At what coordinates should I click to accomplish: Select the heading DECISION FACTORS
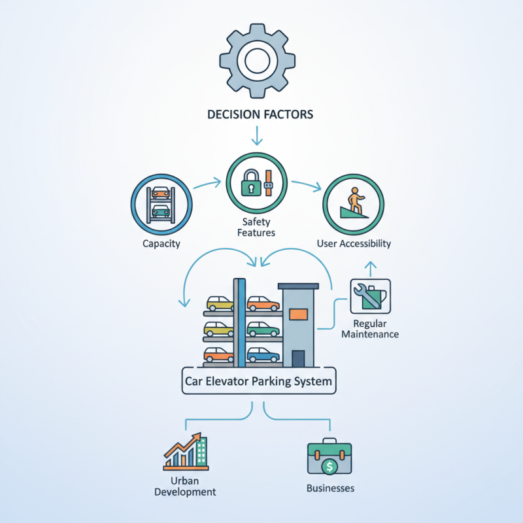(260, 114)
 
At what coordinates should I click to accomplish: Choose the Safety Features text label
(258, 227)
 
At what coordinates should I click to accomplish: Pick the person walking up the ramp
(355, 199)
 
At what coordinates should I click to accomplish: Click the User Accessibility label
(354, 244)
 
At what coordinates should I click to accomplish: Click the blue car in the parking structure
(263, 355)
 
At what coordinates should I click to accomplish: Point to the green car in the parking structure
(263, 329)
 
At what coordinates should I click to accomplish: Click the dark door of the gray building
(298, 358)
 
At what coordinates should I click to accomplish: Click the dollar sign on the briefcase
(330, 467)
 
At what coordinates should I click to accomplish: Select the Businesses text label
(330, 488)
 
